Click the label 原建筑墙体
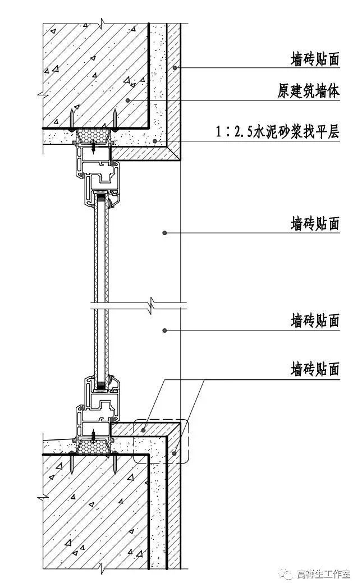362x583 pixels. pos(308,91)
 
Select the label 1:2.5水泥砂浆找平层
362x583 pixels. pos(278,133)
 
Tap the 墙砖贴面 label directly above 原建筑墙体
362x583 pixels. pos(315,59)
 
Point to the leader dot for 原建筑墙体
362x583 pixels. pos(129,100)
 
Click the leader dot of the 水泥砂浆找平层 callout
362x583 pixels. pos(155,141)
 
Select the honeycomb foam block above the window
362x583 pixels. pos(94,135)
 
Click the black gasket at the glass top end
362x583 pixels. pos(101,198)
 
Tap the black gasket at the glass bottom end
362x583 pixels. pos(101,385)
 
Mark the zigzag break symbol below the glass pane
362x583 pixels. pos(152,307)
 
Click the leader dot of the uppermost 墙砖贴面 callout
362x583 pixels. pos(176,68)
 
